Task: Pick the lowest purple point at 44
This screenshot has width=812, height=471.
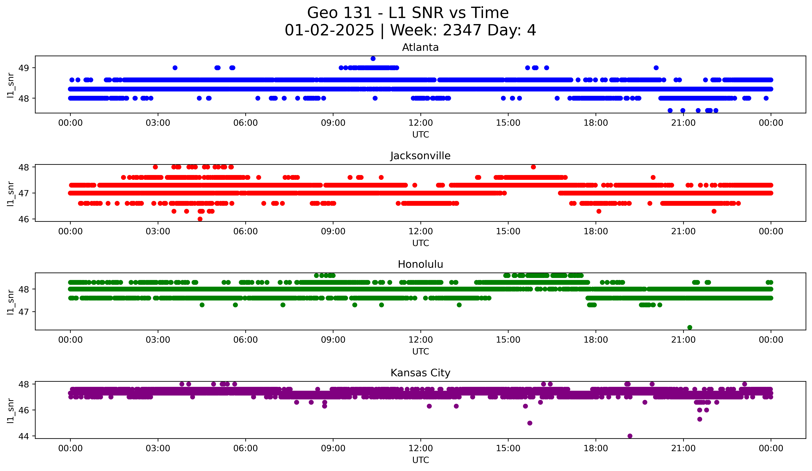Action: [x=630, y=436]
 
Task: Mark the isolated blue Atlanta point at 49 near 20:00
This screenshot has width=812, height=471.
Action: [x=656, y=68]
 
